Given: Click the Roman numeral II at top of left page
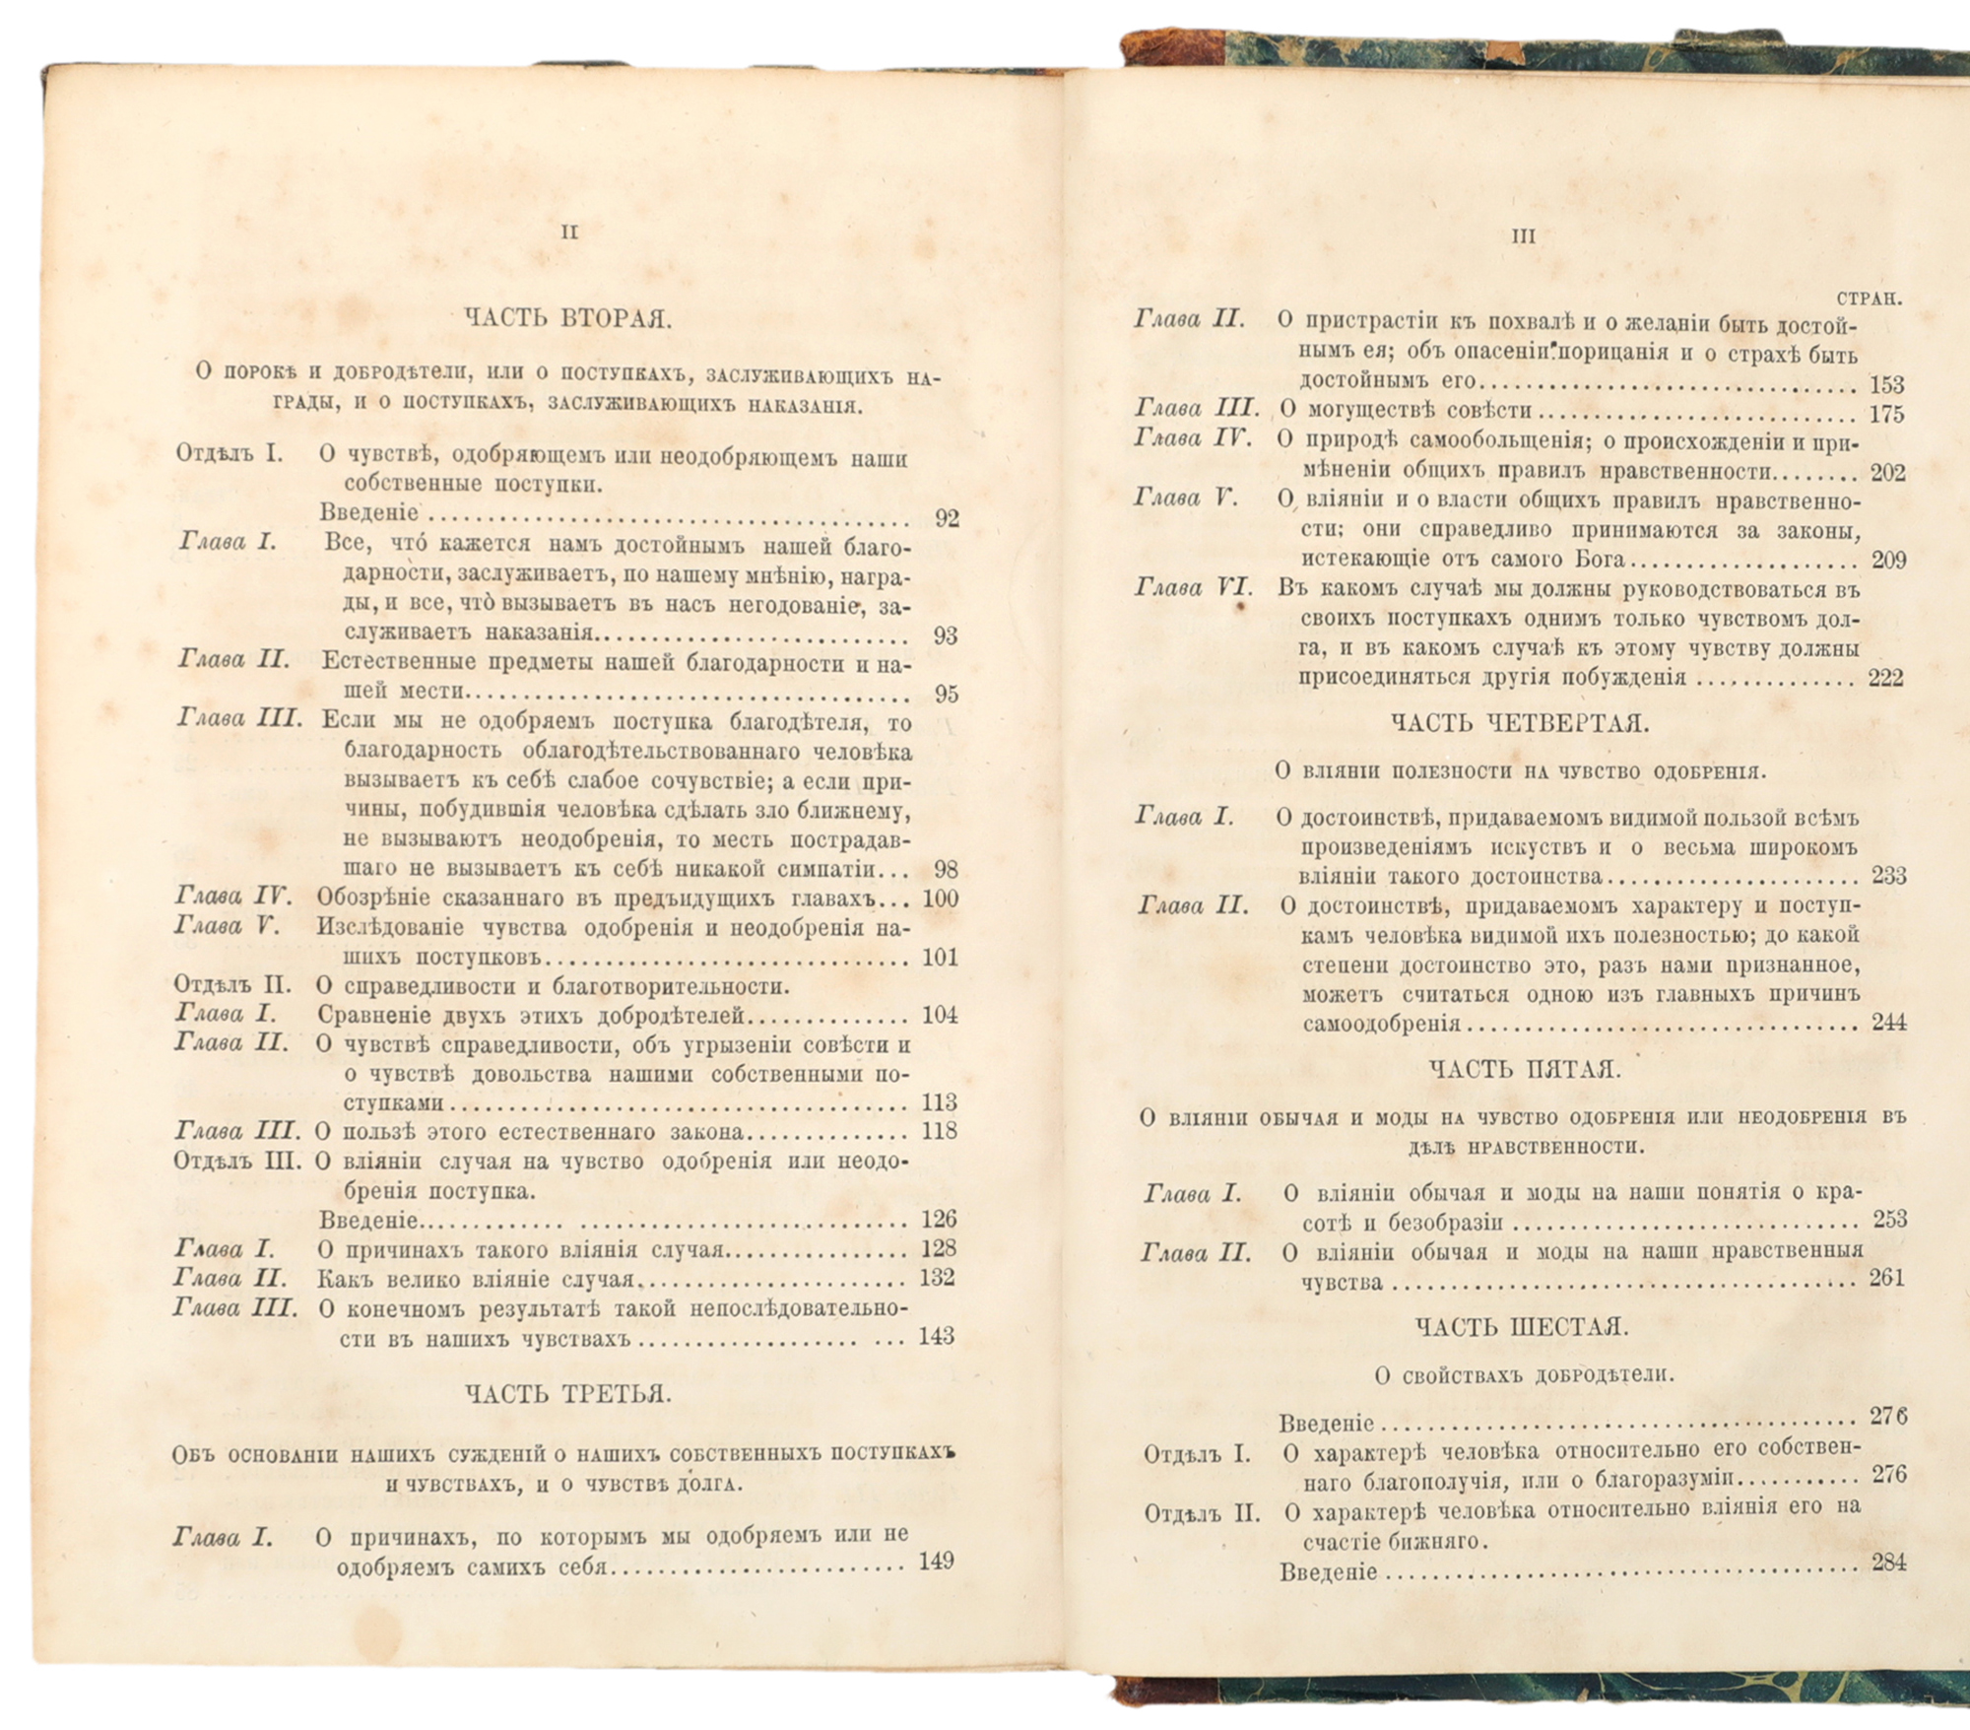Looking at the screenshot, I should point(568,233).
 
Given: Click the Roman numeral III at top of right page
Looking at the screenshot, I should point(1523,237).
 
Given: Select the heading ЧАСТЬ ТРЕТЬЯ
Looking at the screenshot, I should point(568,1394).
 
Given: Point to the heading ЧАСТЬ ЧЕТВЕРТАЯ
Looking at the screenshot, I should point(1520,724).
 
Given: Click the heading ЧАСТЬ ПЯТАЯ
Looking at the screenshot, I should point(1524,1069).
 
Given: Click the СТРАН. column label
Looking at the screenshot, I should point(1869,299).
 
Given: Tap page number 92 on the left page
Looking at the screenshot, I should point(947,518).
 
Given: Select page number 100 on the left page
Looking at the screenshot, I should point(941,898).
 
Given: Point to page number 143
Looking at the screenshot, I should point(937,1336).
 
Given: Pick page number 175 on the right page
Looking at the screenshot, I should point(1887,414).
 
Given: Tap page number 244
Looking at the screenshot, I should point(1888,1022).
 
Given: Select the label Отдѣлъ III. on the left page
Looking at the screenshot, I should point(237,1161).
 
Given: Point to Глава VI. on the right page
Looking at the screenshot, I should point(1194,589).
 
